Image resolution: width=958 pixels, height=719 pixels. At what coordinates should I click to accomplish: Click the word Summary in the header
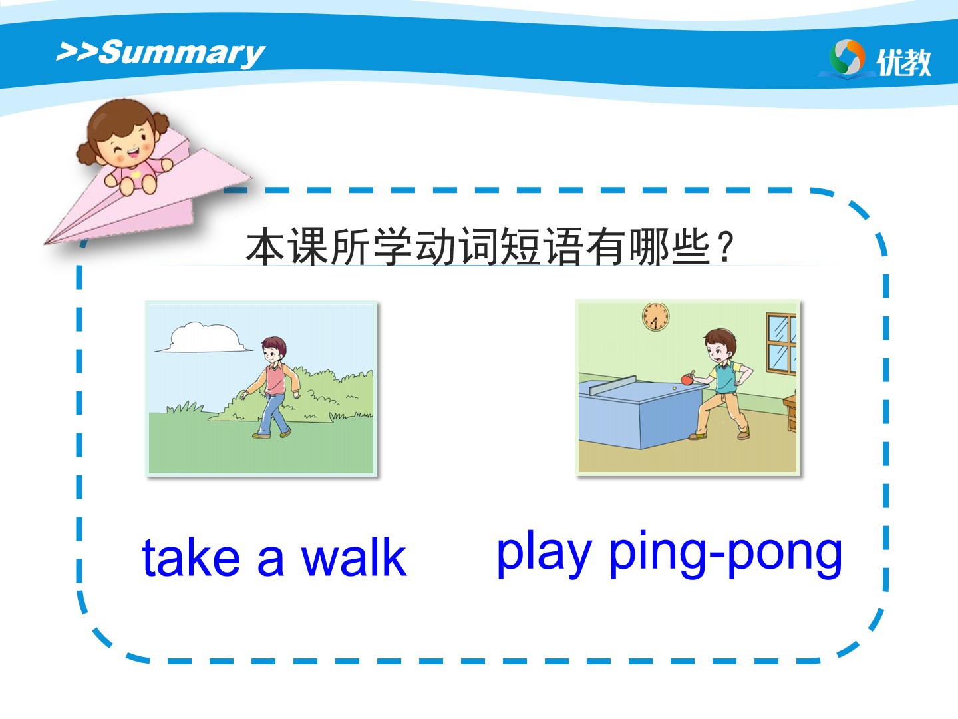coord(182,53)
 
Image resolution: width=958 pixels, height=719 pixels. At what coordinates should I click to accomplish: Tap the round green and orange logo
coord(847,58)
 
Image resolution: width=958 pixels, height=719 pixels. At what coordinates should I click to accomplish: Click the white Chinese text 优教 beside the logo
coord(904,62)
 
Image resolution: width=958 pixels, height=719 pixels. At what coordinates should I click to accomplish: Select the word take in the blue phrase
coord(191,557)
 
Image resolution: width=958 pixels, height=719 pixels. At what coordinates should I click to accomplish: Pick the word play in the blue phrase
coord(544,553)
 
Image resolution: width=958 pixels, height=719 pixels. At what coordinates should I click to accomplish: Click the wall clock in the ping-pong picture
coord(655,316)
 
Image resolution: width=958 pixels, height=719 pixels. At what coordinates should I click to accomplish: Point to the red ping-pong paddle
coord(687,378)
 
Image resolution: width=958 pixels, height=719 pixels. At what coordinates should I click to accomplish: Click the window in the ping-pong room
coord(782,344)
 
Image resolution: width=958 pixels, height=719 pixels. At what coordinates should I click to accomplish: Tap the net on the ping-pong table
coord(612,385)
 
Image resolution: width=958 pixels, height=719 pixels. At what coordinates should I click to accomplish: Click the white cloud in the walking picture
coord(204,338)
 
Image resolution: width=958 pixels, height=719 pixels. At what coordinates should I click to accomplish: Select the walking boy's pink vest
coord(275,379)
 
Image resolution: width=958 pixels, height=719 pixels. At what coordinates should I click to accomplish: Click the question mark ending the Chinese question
coord(726,246)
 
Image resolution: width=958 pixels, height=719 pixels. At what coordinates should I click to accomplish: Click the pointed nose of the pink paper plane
coord(45,242)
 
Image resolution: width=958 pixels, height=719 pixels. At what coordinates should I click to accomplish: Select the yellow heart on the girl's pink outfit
coord(136,175)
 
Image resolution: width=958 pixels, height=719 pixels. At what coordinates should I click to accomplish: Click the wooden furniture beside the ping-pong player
coord(790,413)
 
